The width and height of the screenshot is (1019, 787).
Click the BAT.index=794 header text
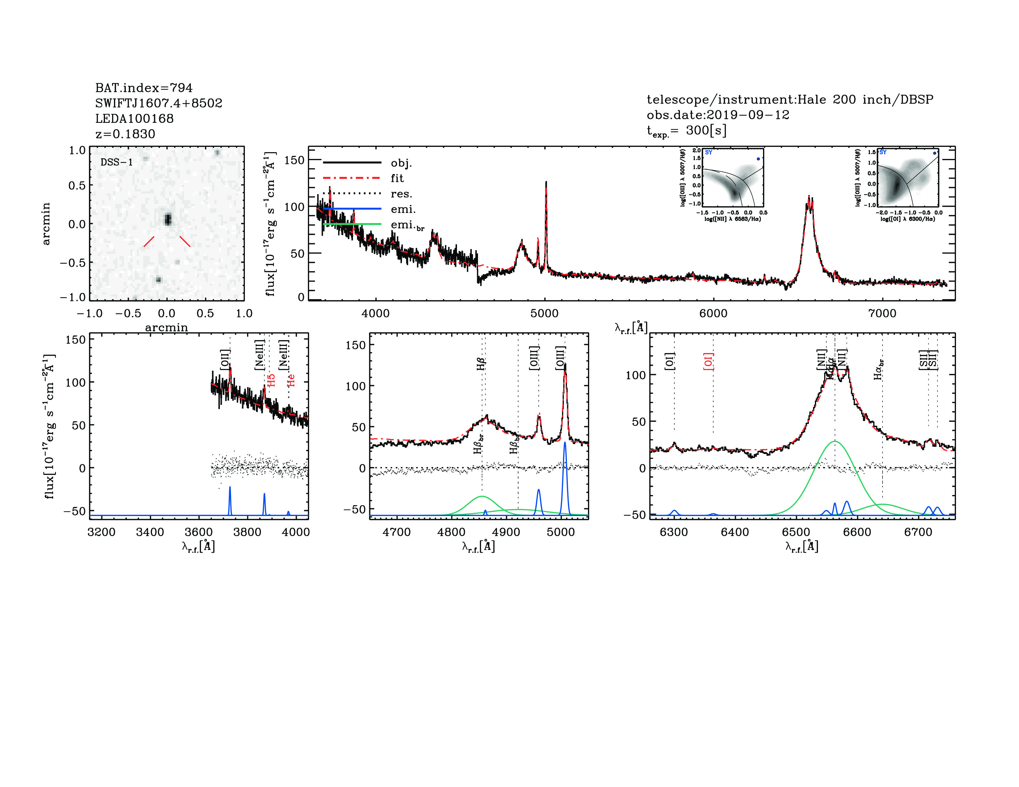pyautogui.click(x=144, y=88)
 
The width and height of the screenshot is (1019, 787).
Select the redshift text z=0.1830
pyautogui.click(x=125, y=134)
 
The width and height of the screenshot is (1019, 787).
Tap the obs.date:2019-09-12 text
pyautogui.click(x=718, y=115)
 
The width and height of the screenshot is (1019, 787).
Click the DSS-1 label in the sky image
pyautogui.click(x=117, y=162)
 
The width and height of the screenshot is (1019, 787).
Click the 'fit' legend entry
pyautogui.click(x=397, y=178)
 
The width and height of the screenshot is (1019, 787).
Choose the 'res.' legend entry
pyautogui.click(x=401, y=194)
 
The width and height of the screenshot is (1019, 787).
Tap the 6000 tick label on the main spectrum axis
pyautogui.click(x=713, y=313)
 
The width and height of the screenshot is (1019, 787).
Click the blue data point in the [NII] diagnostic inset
pyautogui.click(x=758, y=159)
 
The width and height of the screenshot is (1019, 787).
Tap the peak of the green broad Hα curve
pyautogui.click(x=835, y=441)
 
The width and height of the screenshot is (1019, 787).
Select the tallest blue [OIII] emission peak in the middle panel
pyautogui.click(x=565, y=443)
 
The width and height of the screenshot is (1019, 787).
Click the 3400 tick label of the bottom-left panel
pyautogui.click(x=150, y=532)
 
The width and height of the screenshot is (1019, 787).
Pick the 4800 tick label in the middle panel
pyautogui.click(x=451, y=532)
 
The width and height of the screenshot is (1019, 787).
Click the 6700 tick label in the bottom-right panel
pyautogui.click(x=918, y=532)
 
